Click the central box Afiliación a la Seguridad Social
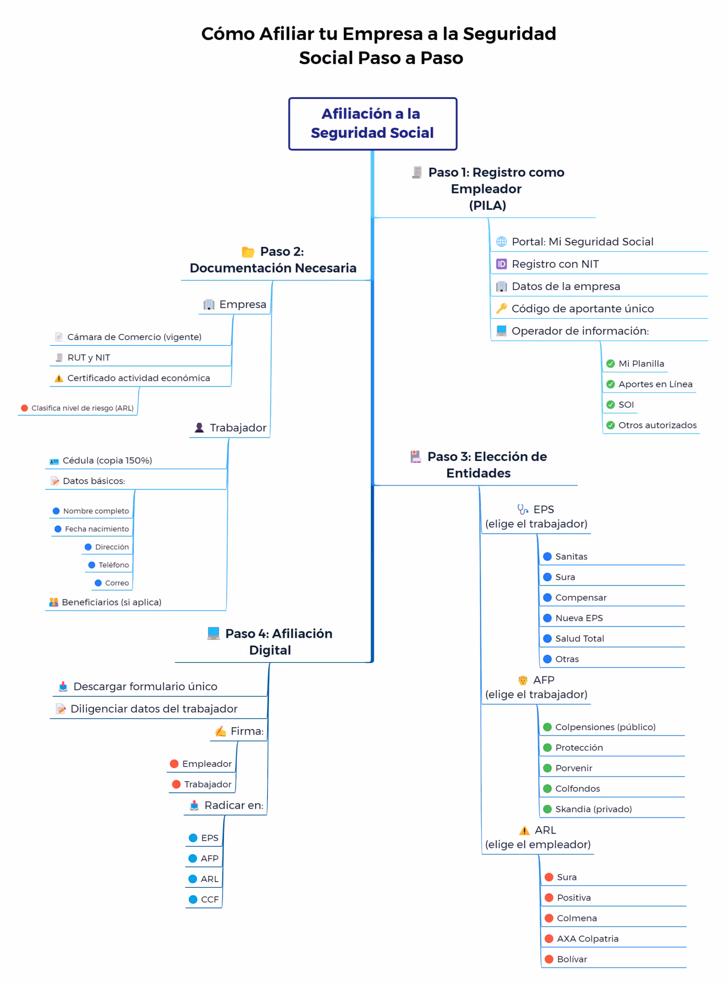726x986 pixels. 373,124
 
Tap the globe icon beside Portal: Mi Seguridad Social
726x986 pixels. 502,241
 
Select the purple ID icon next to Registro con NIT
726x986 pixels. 502,264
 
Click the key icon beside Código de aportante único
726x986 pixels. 502,308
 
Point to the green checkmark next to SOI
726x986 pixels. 611,404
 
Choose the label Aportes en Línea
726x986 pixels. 655,384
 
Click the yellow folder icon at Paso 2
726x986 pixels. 248,252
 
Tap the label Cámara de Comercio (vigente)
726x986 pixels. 134,337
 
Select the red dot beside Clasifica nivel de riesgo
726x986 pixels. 25,408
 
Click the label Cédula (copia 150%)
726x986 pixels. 107,460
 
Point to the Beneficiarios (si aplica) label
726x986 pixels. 112,602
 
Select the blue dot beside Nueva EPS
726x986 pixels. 547,618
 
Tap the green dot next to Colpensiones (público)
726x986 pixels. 547,727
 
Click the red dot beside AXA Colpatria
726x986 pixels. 549,939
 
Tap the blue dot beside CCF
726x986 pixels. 192,899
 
